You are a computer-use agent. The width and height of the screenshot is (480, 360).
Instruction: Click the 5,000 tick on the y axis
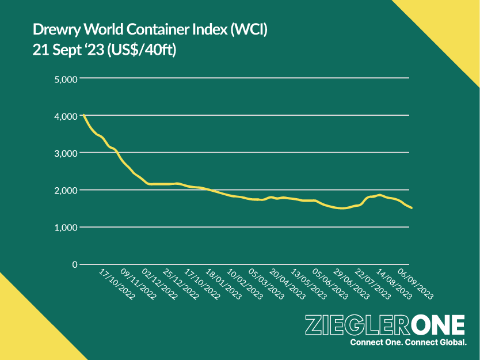(x=65, y=79)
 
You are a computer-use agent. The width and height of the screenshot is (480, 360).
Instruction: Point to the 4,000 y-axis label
(x=65, y=116)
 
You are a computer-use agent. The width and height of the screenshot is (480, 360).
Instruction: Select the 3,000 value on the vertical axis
(x=65, y=153)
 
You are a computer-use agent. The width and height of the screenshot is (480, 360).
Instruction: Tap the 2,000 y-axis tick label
(x=65, y=190)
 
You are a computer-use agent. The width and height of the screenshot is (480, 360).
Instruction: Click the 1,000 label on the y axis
(x=65, y=228)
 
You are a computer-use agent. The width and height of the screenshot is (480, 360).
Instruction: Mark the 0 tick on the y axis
(x=74, y=264)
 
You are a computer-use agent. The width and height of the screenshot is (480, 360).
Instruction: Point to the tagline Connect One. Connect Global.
(x=408, y=343)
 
